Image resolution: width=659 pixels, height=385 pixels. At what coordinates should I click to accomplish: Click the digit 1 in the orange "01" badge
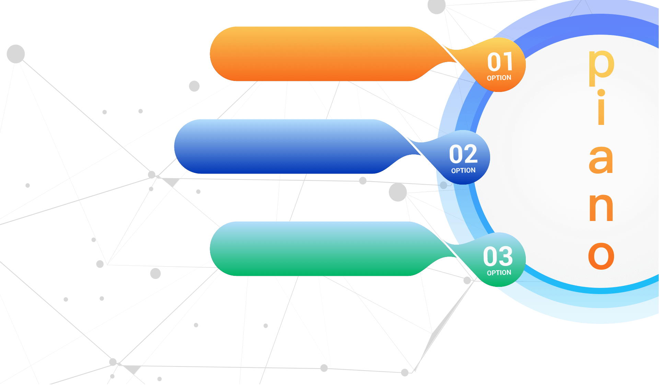coord(508,62)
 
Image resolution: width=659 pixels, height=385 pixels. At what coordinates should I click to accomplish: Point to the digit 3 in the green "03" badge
coord(506,256)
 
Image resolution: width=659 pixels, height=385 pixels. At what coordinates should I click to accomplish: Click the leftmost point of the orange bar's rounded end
coord(210,54)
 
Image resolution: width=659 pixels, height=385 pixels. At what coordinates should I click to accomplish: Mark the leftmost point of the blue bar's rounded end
coord(174,147)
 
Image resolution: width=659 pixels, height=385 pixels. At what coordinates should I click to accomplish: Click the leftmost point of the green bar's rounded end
coord(210,249)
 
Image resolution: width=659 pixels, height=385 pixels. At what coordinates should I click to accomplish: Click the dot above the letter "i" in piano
coord(601,93)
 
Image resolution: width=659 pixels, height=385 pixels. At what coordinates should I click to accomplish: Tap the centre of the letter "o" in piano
coord(601,256)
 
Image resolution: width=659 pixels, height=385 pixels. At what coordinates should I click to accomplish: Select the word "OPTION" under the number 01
coord(499,78)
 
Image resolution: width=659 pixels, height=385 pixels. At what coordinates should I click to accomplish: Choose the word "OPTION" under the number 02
coord(463,171)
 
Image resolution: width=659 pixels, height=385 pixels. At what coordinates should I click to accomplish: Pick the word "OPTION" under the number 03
coord(499,273)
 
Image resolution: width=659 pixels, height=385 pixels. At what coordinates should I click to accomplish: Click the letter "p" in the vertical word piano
coord(601,68)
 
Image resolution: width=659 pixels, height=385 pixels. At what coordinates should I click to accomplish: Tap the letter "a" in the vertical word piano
coord(601,160)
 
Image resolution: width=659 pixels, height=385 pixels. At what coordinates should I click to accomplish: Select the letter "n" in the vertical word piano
coord(601,207)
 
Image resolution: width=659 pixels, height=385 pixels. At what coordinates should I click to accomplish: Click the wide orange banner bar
coord(319,54)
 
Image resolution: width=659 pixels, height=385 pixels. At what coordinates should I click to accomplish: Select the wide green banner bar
coord(319,249)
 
